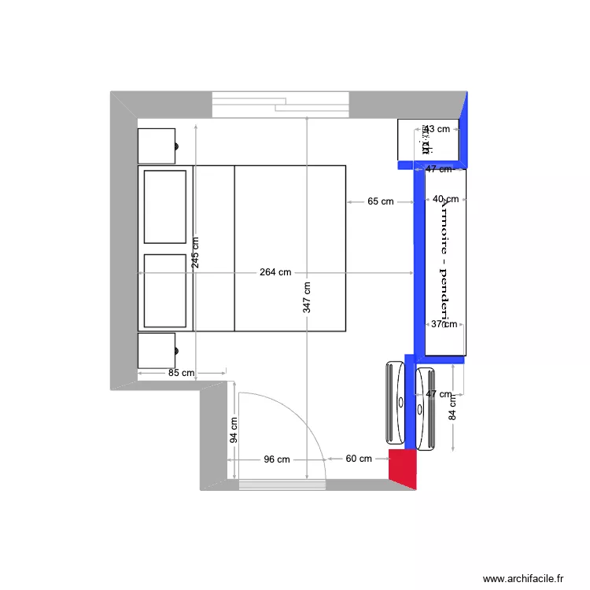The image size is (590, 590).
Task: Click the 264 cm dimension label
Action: (x=275, y=272)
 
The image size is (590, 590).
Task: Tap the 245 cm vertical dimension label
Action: (x=196, y=253)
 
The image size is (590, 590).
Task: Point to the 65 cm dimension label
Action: (x=380, y=201)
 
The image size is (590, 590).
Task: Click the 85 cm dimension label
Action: (x=181, y=373)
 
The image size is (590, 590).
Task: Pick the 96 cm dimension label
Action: (x=276, y=459)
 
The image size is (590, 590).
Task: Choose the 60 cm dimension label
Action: (x=359, y=459)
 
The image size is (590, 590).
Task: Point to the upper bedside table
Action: (x=157, y=146)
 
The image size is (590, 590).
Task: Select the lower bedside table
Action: (x=157, y=351)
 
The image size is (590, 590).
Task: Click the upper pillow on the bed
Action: (x=165, y=206)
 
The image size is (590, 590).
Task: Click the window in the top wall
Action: (x=280, y=105)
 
